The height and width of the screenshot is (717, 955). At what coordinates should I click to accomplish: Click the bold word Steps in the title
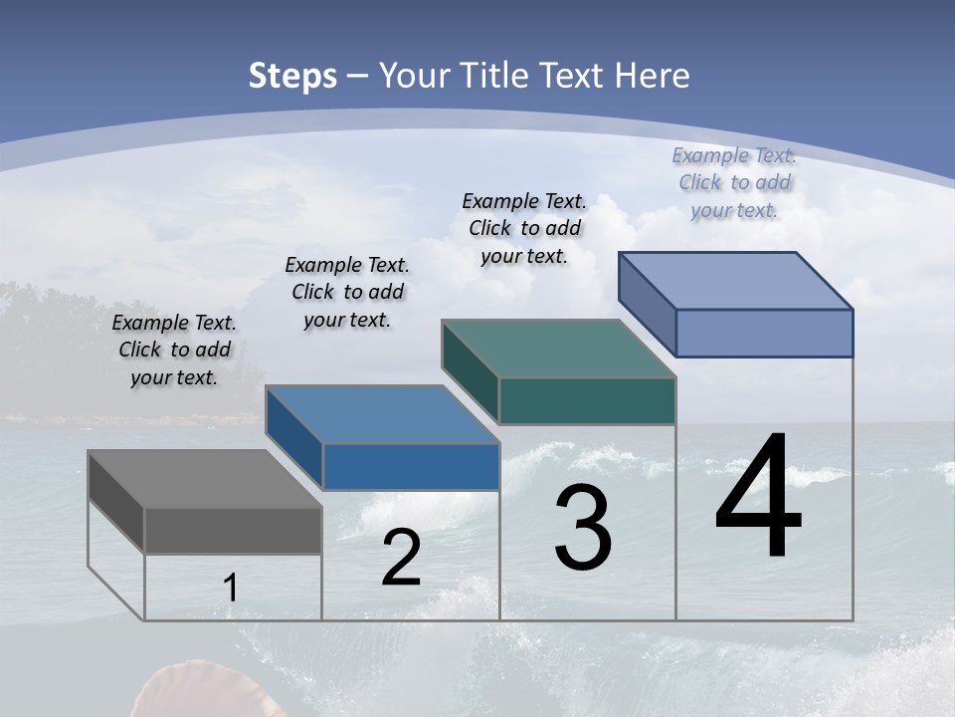(x=292, y=76)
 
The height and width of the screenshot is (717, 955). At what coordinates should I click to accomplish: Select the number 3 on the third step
(x=583, y=528)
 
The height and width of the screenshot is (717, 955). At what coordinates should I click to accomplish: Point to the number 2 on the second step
(x=402, y=558)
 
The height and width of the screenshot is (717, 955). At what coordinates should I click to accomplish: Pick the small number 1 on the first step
(x=231, y=588)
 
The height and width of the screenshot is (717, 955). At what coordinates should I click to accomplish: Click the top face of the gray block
(x=204, y=479)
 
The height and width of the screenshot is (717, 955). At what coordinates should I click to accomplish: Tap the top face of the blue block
(x=382, y=414)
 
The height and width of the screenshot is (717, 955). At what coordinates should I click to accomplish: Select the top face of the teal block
(x=558, y=349)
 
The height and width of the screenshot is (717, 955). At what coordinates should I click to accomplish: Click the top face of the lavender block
(x=735, y=281)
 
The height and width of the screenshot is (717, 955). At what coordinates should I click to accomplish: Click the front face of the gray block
(x=233, y=531)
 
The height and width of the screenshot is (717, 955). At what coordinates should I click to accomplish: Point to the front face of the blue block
(x=411, y=466)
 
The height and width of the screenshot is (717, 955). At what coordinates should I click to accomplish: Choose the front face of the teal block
(x=587, y=400)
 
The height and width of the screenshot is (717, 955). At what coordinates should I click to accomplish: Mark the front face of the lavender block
(x=764, y=333)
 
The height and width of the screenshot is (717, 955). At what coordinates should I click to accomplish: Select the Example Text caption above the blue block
(x=347, y=292)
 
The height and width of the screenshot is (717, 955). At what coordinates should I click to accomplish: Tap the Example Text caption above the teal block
(x=524, y=228)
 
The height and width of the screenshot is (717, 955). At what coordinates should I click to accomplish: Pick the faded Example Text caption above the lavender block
(x=734, y=182)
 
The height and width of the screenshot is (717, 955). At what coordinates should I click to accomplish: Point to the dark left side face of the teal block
(x=470, y=370)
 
